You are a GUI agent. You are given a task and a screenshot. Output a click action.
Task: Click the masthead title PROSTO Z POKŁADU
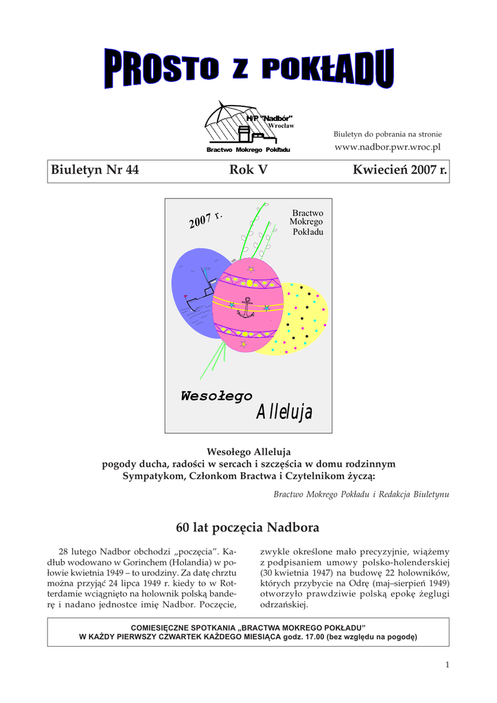coord(248,69)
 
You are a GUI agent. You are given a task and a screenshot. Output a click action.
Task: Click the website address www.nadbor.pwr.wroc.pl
coord(387,148)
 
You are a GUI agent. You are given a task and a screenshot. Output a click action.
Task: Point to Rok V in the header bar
coord(248,170)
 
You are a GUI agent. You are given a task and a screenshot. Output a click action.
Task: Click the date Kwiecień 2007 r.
coord(399,170)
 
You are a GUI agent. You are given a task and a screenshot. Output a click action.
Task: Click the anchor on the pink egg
coord(245,306)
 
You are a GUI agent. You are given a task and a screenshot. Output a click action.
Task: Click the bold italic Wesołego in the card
coord(216,396)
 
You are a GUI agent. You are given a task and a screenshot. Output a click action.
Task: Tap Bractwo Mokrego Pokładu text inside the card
coord(307,222)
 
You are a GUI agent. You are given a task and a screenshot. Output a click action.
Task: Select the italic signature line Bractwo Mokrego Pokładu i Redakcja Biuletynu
coord(361,494)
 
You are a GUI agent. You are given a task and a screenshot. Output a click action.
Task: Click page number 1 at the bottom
coord(447,664)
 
